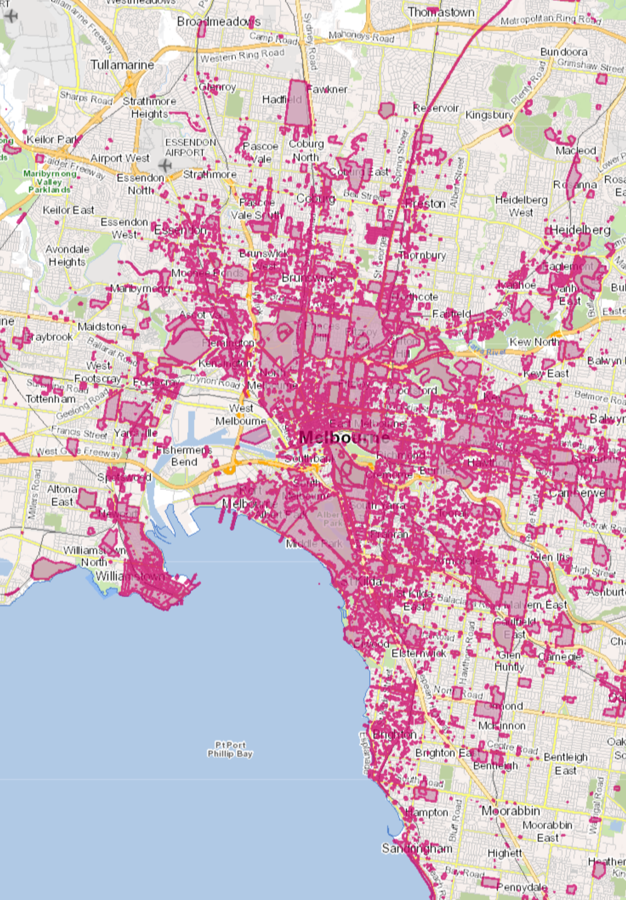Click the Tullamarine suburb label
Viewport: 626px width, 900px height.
click(x=122, y=65)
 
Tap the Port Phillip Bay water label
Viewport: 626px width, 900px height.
click(x=230, y=749)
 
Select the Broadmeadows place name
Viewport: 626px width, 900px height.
click(x=218, y=22)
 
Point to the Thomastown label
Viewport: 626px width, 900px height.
click(x=441, y=12)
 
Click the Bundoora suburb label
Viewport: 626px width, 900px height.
click(x=564, y=52)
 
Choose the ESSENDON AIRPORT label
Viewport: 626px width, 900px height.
click(x=190, y=147)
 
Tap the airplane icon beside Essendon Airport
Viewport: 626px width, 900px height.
click(x=165, y=165)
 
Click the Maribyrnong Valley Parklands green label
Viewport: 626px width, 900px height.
click(x=49, y=181)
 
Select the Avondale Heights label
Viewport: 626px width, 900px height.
click(x=67, y=256)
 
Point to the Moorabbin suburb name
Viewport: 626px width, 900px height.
click(x=510, y=811)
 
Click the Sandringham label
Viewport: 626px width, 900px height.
click(x=417, y=848)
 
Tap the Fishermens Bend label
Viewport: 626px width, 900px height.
click(x=184, y=456)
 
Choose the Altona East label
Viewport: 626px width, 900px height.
click(x=62, y=495)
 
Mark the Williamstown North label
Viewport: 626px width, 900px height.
click(x=94, y=556)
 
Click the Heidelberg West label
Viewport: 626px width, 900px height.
click(x=521, y=206)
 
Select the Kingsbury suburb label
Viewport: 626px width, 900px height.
click(x=489, y=115)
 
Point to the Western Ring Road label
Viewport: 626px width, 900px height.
click(x=242, y=56)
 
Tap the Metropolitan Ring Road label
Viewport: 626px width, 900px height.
click(x=550, y=19)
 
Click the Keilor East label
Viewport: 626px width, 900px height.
click(x=68, y=210)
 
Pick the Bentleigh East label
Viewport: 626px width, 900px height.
click(x=565, y=763)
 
